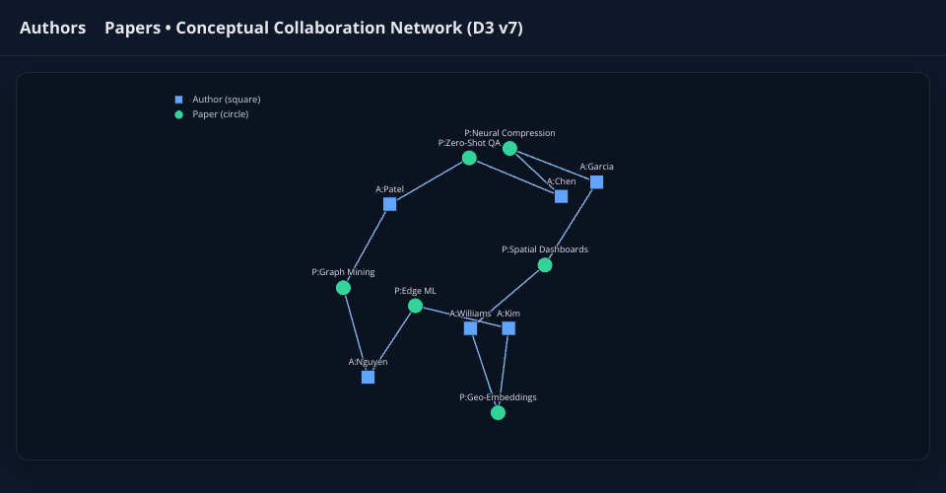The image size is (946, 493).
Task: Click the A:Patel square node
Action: (x=389, y=204)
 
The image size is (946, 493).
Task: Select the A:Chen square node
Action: (x=561, y=196)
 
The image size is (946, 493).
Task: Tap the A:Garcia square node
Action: (x=596, y=182)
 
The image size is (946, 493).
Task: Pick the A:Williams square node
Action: (x=470, y=328)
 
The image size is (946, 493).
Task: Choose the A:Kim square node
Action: (x=508, y=328)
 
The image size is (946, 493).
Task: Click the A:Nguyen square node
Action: (x=368, y=377)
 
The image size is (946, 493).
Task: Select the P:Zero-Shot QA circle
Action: (x=469, y=158)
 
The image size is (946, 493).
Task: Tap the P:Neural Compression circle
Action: (x=509, y=148)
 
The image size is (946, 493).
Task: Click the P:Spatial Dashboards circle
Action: (x=545, y=265)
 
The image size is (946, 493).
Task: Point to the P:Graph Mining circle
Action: (x=343, y=288)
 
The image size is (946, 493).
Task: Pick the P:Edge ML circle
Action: (x=415, y=306)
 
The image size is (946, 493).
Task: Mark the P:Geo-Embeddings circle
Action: (x=498, y=413)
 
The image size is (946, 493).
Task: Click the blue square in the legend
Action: (x=178, y=100)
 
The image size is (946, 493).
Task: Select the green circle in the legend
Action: (x=178, y=114)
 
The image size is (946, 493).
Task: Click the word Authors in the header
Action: (x=52, y=28)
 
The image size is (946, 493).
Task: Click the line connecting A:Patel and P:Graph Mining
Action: (x=367, y=246)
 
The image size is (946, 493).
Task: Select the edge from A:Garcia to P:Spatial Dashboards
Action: (x=571, y=224)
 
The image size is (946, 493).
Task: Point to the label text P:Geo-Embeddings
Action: (x=498, y=397)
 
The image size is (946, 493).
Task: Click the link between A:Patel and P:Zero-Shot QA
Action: (x=429, y=181)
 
